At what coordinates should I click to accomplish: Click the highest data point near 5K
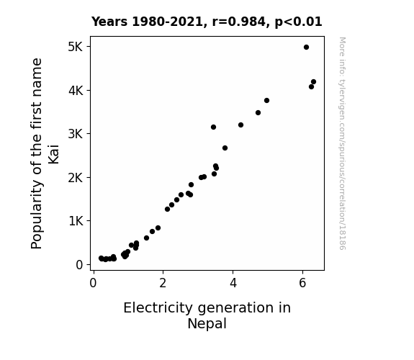(306, 48)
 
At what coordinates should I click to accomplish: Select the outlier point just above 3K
(213, 127)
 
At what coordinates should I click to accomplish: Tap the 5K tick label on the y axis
(76, 47)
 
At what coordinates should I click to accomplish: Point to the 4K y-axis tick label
(76, 91)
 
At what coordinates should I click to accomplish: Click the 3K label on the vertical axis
(76, 134)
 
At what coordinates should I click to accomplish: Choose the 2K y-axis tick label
(76, 178)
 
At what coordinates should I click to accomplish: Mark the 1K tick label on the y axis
(76, 221)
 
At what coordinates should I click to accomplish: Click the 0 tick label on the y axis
(79, 265)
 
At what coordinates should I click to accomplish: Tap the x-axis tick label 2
(163, 283)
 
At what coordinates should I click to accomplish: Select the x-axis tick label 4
(233, 283)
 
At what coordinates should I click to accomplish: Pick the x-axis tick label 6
(302, 283)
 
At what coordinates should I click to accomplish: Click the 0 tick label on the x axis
(93, 283)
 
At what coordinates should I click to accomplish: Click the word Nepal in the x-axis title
(207, 324)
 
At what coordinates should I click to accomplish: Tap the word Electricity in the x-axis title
(158, 308)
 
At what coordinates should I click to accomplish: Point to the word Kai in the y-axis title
(53, 154)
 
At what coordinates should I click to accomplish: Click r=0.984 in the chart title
(239, 22)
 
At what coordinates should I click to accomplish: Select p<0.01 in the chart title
(298, 22)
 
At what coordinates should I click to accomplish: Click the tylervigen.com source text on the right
(342, 144)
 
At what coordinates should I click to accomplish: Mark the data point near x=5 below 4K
(266, 100)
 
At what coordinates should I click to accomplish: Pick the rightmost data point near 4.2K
(313, 82)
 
